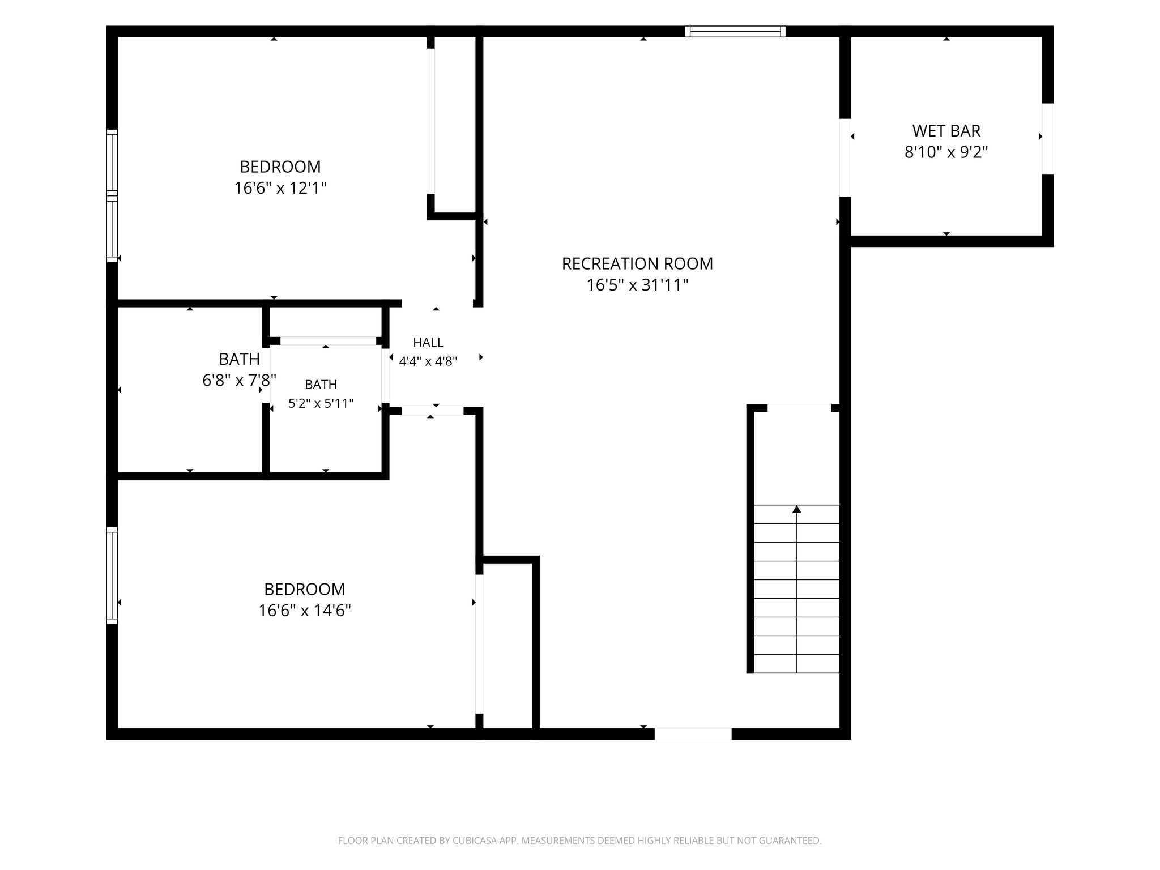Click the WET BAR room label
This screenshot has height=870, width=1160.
coord(946,131)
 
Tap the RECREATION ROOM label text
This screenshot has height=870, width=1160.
coord(637,263)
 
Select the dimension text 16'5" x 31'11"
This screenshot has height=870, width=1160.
coord(637,285)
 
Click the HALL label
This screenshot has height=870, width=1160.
coord(428,342)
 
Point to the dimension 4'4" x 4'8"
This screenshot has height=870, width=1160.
coord(428,361)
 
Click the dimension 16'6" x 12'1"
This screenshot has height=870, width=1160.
coord(280,188)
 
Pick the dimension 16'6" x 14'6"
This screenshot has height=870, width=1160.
coord(305,611)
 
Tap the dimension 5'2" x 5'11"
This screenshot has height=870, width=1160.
coord(321,403)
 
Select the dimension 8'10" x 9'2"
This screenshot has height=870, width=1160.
coord(946,152)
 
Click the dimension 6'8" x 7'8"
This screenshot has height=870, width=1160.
coord(239,380)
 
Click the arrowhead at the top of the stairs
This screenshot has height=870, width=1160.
coord(797,509)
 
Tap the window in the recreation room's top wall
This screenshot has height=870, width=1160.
coord(735,32)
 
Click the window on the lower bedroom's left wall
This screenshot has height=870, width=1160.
coord(112,575)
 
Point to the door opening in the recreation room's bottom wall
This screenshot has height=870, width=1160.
coord(693,733)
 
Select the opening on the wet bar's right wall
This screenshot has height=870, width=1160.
coord(1048,139)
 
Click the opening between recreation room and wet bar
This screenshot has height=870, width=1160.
coord(845,157)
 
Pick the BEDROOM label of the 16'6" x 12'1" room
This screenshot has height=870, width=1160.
coord(280,167)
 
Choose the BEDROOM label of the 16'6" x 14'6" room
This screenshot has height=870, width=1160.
coord(305,589)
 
